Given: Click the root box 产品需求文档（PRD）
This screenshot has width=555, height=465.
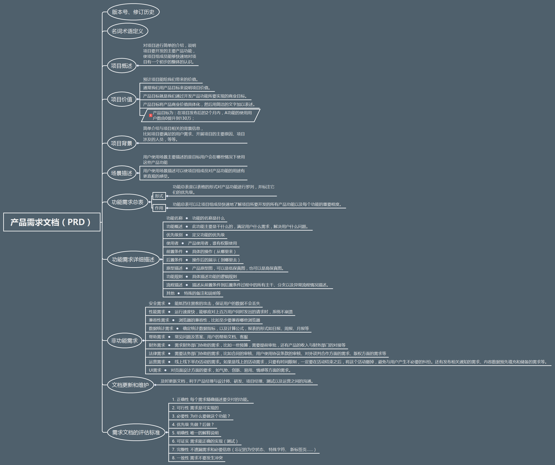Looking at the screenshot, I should tap(51, 222).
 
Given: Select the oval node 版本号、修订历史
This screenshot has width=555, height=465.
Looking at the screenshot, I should tap(133, 12).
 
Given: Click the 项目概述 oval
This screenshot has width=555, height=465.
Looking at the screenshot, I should tap(122, 66).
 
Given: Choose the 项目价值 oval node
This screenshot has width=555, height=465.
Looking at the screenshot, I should tap(122, 99).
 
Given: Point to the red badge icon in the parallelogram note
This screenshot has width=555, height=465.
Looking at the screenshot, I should tap(150, 115).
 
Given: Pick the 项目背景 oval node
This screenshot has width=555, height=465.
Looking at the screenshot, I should tap(122, 143).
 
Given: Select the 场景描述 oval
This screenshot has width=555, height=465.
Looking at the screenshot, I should tap(122, 173).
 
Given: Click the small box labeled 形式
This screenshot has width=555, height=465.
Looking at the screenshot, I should tap(159, 196).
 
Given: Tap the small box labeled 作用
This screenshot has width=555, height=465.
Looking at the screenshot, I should tap(159, 208).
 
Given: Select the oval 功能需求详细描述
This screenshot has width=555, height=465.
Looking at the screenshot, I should tap(133, 259).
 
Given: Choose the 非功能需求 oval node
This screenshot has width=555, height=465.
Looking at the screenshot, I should tap(124, 340).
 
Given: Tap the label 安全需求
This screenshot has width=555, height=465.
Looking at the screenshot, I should tap(157, 303).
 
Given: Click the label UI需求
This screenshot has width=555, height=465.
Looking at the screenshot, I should tap(155, 370).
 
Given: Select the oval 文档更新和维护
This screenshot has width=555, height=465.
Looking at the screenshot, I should tap(130, 385).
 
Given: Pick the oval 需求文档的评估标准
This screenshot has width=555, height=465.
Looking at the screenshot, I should tap(136, 432).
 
